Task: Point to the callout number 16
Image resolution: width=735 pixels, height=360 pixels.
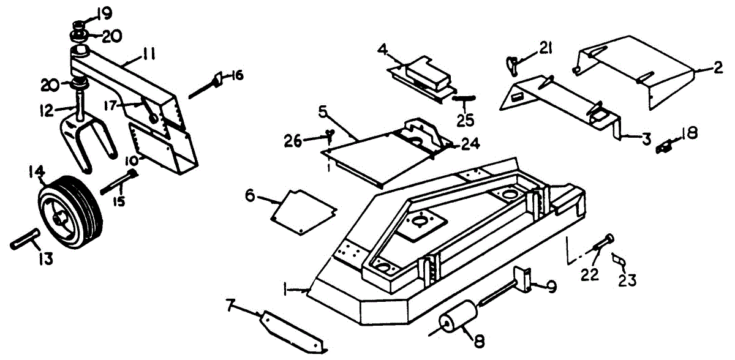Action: point(236,75)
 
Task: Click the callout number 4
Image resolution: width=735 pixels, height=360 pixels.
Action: point(382,48)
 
